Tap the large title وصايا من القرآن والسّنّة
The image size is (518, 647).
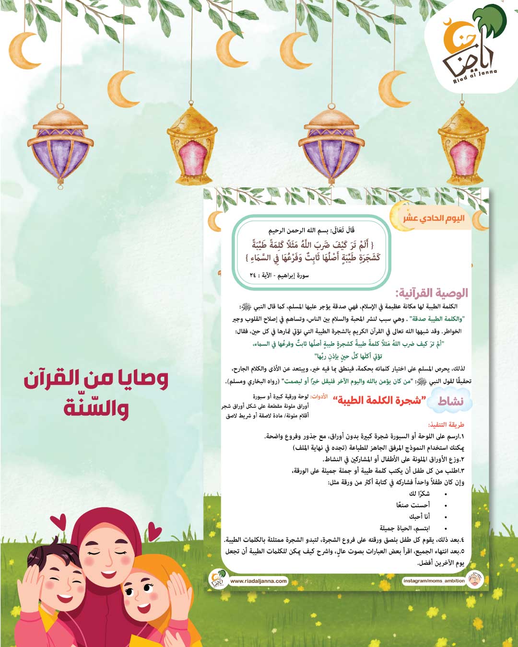(x=96, y=393)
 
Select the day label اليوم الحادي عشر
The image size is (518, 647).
(x=434, y=219)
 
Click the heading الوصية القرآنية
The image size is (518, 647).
(x=432, y=293)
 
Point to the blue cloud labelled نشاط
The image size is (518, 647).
(x=450, y=402)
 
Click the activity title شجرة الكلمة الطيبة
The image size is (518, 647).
(x=379, y=401)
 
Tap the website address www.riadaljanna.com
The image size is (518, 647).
(x=259, y=581)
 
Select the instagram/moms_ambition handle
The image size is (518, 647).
(x=434, y=581)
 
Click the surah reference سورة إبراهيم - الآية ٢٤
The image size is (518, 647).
(x=279, y=276)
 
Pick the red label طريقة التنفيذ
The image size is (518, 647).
(x=446, y=425)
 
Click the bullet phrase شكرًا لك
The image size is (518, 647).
(x=419, y=494)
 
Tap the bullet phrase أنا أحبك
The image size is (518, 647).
(x=419, y=517)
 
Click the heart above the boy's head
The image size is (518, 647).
(x=58, y=521)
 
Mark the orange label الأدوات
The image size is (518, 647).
(x=319, y=397)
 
